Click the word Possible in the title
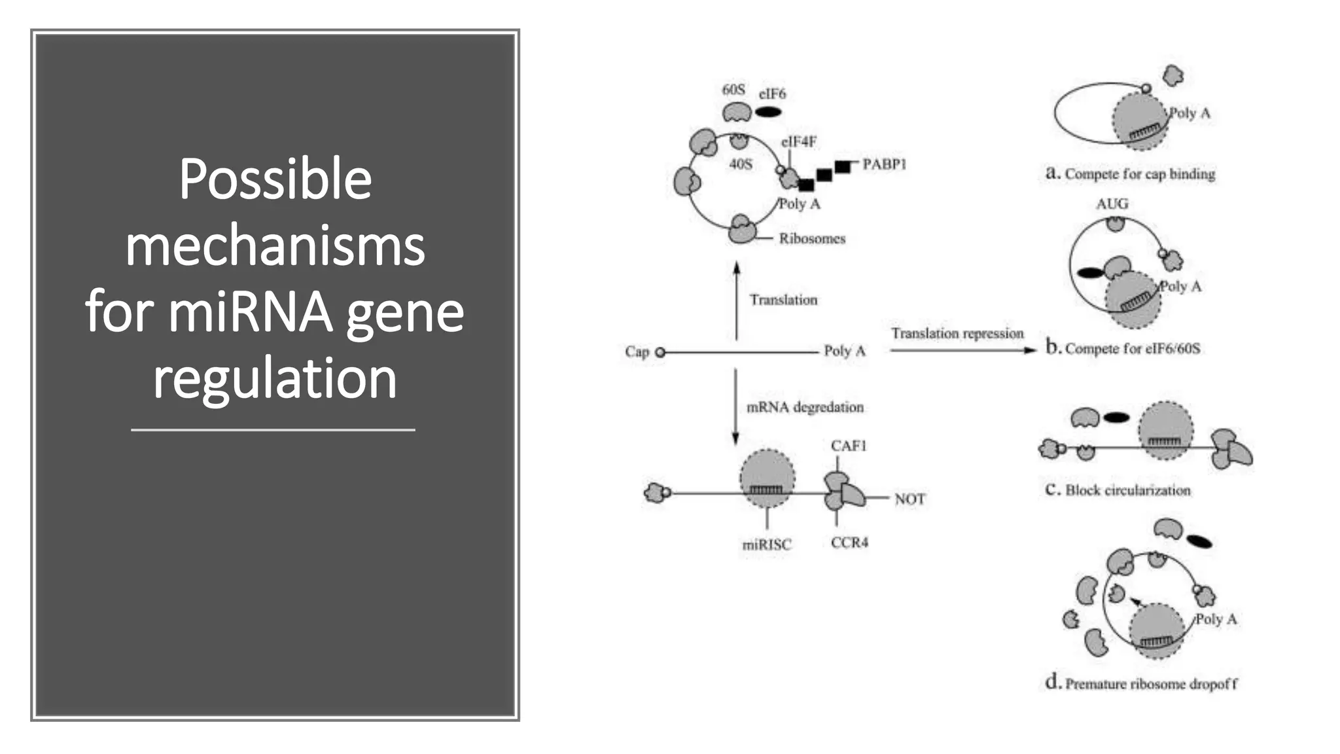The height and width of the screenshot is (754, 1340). tap(275, 179)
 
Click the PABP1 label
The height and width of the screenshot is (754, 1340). tap(884, 164)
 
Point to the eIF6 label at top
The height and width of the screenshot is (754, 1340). tap(772, 94)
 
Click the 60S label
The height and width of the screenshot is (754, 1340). tap(733, 90)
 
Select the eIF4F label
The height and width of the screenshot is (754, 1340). tap(799, 142)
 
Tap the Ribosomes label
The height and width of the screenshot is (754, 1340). tap(812, 239)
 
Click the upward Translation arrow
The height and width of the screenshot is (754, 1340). tap(737, 301)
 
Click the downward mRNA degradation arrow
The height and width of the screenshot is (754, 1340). tap(735, 406)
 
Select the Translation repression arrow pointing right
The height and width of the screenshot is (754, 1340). tap(963, 351)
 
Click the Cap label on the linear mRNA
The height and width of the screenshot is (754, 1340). tap(637, 352)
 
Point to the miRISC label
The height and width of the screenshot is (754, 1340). tap(767, 545)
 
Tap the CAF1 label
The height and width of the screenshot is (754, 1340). tap(849, 446)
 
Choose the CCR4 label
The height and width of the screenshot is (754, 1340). tap(849, 543)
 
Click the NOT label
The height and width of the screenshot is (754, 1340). tap(909, 499)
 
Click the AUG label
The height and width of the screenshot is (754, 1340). tap(1112, 204)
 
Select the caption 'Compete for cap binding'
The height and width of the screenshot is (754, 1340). tap(1139, 174)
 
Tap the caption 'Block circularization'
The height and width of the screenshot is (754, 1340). tap(1127, 490)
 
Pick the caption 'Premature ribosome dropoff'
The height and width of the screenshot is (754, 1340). tap(1151, 684)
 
